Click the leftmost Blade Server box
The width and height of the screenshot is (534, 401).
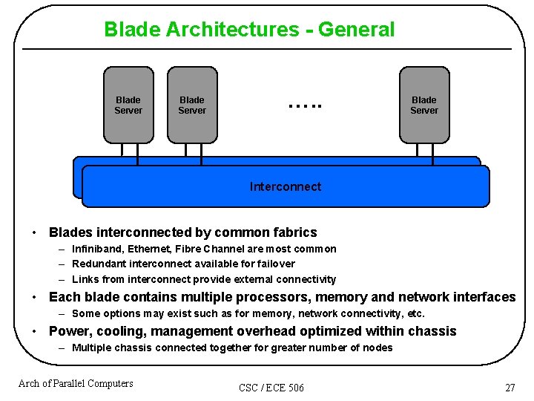pos(128,105)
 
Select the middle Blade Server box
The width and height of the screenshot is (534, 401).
pos(192,105)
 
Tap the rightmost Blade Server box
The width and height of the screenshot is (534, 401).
pos(424,105)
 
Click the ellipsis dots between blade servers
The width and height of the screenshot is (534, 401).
pos(305,105)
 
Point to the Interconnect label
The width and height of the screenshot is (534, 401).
pos(286,186)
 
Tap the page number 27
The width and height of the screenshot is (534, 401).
pos(510,388)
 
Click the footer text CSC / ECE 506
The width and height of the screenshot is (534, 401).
pos(271,388)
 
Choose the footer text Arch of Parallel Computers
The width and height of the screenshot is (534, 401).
pos(76,383)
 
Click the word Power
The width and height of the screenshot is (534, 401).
pos(67,331)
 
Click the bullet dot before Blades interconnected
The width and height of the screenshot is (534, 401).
pos(35,232)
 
